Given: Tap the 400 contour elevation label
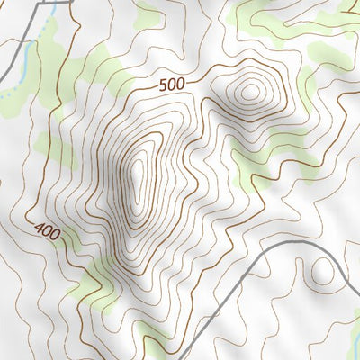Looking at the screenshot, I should [47, 232].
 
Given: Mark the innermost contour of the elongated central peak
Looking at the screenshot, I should [138, 175].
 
